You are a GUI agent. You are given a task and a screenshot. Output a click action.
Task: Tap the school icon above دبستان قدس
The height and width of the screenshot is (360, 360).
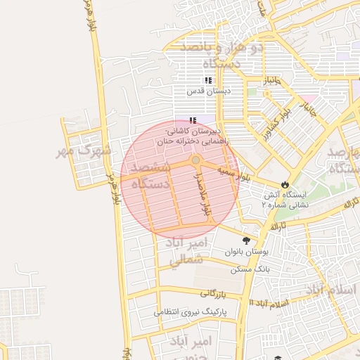coord(207,80)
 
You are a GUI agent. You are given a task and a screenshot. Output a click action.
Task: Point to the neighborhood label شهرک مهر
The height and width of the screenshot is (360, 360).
coord(92,150)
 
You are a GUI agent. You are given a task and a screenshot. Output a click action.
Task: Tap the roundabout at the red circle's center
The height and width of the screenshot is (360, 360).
coord(195,161)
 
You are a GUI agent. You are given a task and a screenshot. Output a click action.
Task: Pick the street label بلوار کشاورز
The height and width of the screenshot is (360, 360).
coord(295,111)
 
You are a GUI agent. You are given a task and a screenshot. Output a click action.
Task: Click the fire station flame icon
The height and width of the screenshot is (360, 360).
coord(284,184)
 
